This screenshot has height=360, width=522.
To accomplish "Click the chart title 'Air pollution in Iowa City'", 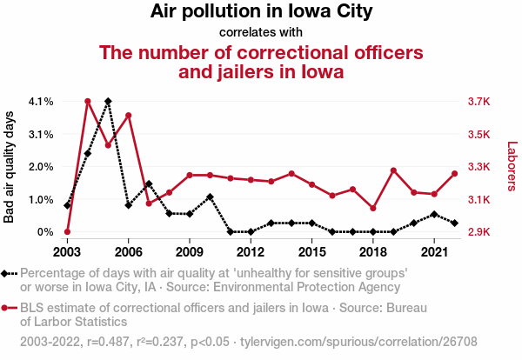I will click(x=261, y=12).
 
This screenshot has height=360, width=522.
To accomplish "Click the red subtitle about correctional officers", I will click(x=261, y=62).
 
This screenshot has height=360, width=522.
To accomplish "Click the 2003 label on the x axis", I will click(x=67, y=251).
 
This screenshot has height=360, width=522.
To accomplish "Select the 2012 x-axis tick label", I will click(x=251, y=251).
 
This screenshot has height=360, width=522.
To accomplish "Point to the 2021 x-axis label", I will click(x=434, y=251).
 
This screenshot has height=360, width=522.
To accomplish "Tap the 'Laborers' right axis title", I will click(x=512, y=166).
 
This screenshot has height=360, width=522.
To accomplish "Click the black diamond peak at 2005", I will click(x=108, y=102).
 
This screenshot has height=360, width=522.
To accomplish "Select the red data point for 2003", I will click(x=67, y=232).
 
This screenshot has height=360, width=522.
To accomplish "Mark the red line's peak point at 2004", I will click(x=88, y=102).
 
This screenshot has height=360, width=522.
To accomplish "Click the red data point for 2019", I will click(x=393, y=170).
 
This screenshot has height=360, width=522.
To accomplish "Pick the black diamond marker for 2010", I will click(x=210, y=197).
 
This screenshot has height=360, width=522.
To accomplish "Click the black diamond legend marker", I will click(x=8, y=273).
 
